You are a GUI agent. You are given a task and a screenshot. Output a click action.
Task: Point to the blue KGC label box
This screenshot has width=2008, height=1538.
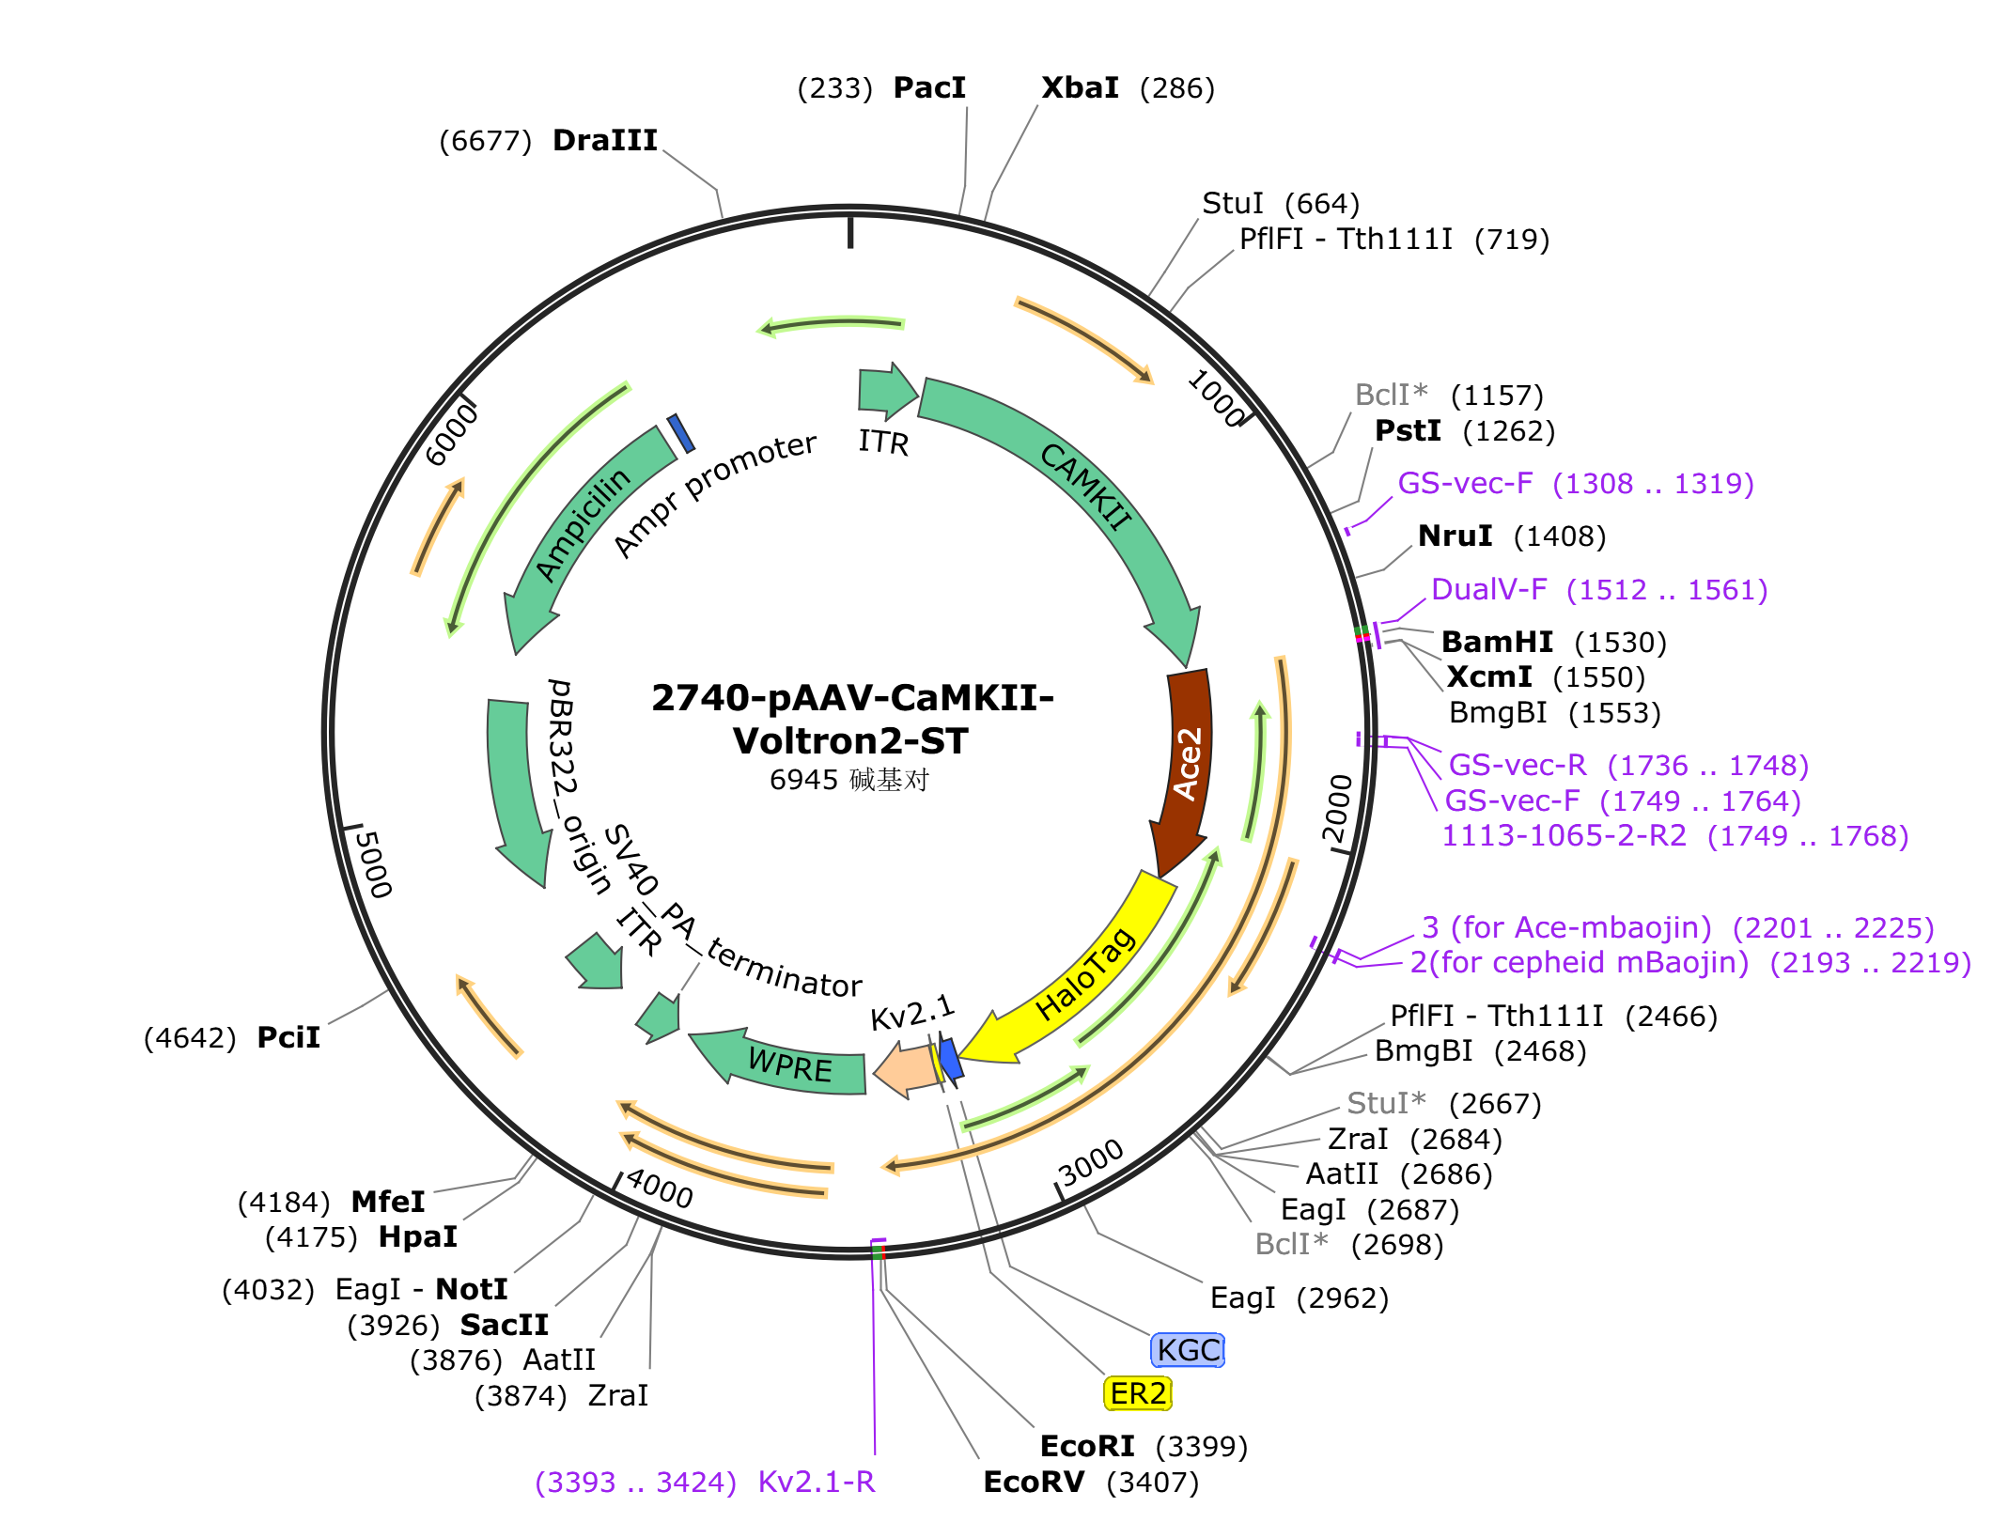click(1188, 1350)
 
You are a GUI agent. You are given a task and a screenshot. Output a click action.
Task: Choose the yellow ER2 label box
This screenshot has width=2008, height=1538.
click(1137, 1393)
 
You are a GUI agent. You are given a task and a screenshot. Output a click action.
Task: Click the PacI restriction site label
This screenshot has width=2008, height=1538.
click(929, 87)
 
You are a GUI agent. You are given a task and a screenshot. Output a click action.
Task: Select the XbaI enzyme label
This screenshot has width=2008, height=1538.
click(1080, 87)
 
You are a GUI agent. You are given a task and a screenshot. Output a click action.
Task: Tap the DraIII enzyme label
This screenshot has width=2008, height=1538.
click(604, 140)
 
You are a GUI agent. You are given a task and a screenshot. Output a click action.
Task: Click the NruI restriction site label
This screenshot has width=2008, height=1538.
click(1455, 536)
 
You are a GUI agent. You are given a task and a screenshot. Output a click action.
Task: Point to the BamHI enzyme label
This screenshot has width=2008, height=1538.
click(1497, 642)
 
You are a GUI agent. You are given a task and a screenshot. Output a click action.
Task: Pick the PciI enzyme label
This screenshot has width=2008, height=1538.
click(288, 1037)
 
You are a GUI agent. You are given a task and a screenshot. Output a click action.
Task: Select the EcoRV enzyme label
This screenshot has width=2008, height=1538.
click(1034, 1482)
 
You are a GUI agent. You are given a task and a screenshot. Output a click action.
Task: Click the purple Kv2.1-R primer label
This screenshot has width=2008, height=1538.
click(817, 1482)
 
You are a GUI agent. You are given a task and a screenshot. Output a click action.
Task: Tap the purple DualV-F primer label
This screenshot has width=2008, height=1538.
click(1488, 589)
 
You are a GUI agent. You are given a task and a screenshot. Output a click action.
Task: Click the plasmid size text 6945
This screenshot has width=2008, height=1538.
click(803, 780)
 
